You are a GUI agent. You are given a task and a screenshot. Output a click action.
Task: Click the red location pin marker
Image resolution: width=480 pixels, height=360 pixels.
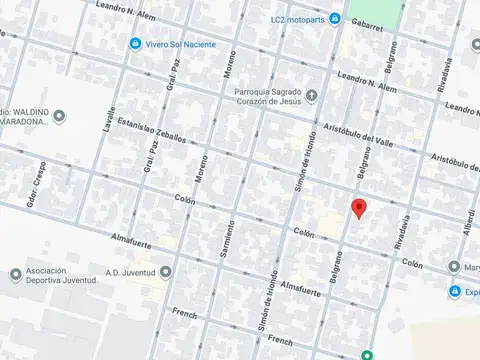click(x=359, y=208)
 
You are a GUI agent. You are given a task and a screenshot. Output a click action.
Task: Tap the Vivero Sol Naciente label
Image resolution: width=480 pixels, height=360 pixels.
click(x=183, y=45)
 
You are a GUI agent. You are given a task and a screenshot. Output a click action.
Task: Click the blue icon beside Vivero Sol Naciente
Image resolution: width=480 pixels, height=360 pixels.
click(x=136, y=45)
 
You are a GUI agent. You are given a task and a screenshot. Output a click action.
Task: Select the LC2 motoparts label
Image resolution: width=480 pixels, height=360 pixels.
click(x=311, y=19)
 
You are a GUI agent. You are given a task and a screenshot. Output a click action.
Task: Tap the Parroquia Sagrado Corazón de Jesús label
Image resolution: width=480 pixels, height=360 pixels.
click(x=267, y=101)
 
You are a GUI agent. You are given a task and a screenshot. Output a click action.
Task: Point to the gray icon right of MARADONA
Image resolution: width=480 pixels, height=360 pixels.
click(x=59, y=117)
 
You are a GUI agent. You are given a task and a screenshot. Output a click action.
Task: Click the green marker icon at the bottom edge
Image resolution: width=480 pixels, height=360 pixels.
click(x=367, y=354)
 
